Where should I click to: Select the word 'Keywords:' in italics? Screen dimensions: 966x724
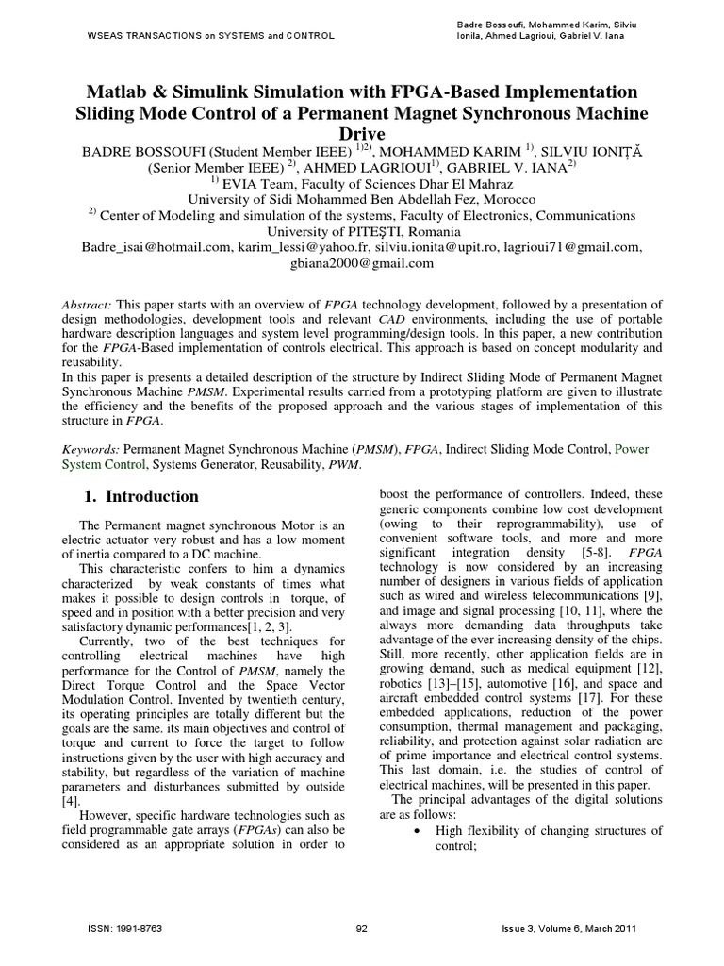click(x=91, y=450)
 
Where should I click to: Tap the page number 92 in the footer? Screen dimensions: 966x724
click(x=361, y=929)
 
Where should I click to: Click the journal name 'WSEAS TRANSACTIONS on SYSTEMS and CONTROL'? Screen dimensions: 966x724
click(x=197, y=36)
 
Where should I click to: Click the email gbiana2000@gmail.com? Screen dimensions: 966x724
click(x=363, y=263)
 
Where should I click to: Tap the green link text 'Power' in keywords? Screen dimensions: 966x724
click(x=633, y=450)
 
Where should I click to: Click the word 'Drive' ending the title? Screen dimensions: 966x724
click(x=362, y=134)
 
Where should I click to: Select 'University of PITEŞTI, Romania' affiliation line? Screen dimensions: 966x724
click(x=363, y=231)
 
